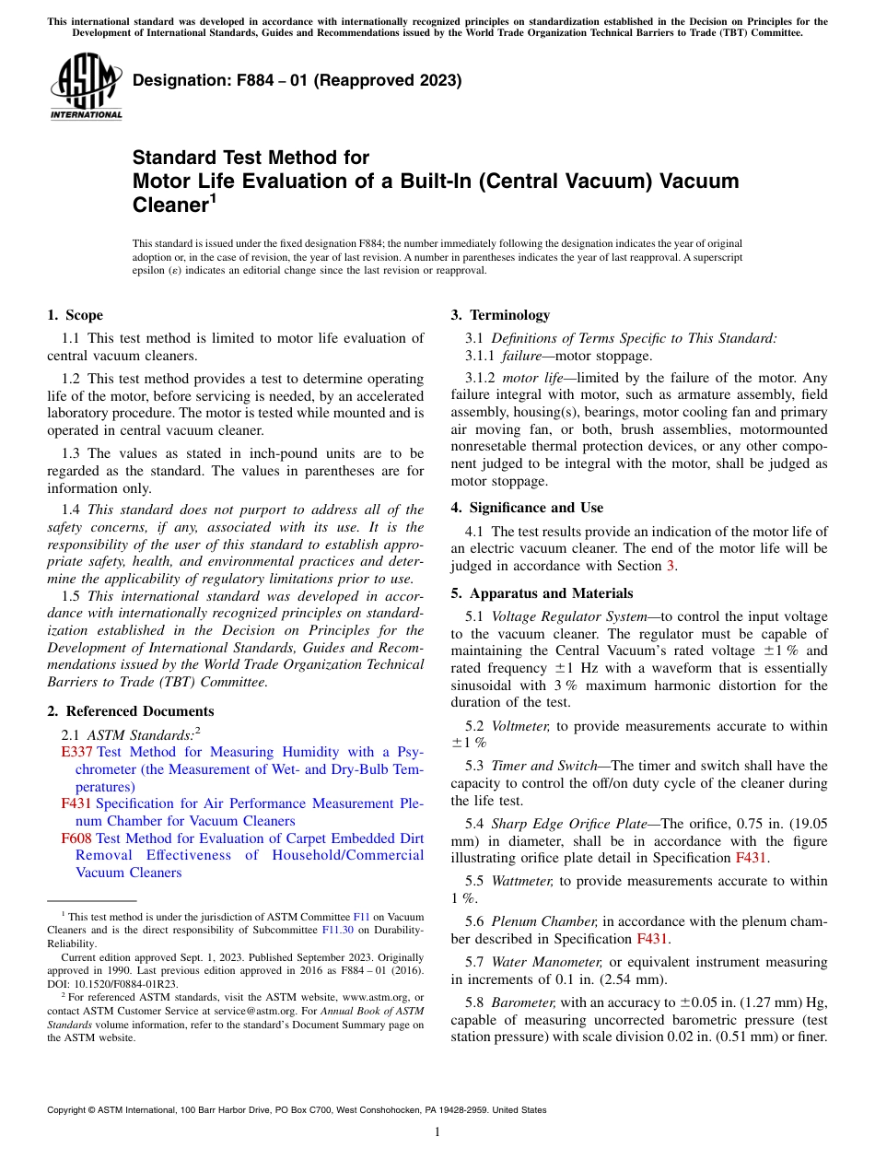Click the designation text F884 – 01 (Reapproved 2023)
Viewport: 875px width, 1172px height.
[x=297, y=81]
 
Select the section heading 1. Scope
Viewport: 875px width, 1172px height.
[x=75, y=315]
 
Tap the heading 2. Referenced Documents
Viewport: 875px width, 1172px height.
[x=130, y=711]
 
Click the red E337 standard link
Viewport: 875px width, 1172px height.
[x=76, y=753]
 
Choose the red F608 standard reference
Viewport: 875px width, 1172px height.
[x=76, y=838]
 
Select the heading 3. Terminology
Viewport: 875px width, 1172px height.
[x=499, y=315]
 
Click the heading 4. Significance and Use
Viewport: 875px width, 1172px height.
[x=527, y=508]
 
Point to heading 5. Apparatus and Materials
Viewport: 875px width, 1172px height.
[x=542, y=593]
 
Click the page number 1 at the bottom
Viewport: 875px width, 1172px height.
[x=437, y=1132]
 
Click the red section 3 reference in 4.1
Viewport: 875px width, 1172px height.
[x=671, y=566]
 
